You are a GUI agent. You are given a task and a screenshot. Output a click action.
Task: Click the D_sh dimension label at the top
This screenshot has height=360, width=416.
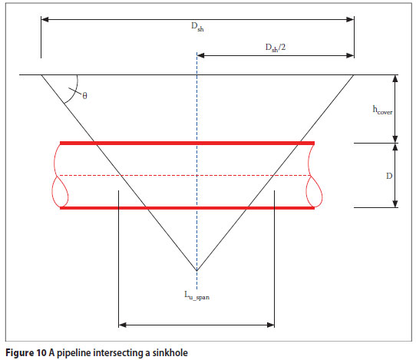(197, 27)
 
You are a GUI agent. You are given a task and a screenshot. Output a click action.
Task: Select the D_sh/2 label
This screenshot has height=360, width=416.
(276, 48)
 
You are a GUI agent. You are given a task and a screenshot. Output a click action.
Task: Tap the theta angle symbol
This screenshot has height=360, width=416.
(84, 95)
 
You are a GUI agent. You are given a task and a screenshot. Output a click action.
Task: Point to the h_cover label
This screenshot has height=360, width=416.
(382, 110)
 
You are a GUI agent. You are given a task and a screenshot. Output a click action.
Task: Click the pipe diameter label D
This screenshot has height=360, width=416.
(389, 176)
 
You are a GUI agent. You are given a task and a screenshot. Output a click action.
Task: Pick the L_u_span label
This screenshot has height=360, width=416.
(196, 296)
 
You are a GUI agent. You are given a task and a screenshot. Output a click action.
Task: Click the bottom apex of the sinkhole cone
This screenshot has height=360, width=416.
(196, 271)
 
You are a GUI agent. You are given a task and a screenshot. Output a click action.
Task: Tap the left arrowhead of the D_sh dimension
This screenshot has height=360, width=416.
(45, 19)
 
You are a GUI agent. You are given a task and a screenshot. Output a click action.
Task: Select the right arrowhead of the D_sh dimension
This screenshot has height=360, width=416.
(350, 19)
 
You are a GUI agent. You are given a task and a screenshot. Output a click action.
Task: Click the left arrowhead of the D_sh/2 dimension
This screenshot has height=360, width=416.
(200, 55)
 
